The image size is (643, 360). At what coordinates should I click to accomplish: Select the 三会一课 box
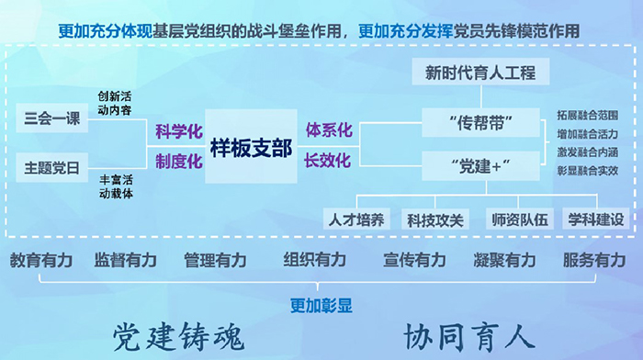[51, 118]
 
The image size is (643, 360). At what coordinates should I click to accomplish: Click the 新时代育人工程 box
[480, 72]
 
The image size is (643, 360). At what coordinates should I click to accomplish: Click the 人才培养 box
[357, 219]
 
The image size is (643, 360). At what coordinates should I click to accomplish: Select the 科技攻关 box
[436, 219]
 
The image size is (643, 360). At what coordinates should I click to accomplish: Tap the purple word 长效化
[328, 162]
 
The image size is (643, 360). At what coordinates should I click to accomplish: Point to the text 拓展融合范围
[587, 116]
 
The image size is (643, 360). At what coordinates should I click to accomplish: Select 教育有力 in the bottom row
[40, 260]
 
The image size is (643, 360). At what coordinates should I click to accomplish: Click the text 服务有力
[594, 260]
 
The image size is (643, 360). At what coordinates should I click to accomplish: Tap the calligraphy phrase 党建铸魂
[179, 336]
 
